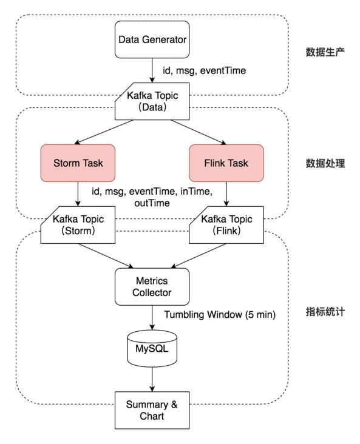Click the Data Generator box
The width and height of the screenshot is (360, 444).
pos(152,40)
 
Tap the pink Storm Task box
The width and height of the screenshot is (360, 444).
pos(78,163)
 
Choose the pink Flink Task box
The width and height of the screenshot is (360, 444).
pos(226,163)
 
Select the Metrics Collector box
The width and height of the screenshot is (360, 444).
pos(152,286)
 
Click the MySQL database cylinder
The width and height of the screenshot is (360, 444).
pos(152,348)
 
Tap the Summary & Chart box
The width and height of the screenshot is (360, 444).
pos(152,409)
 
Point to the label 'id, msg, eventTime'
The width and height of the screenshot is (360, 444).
pos(205,71)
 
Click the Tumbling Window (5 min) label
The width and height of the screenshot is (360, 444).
pos(220,315)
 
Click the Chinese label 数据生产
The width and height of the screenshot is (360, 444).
pos(325,51)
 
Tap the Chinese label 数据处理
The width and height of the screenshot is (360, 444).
pos(325,163)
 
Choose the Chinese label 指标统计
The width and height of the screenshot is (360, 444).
pos(325,312)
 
